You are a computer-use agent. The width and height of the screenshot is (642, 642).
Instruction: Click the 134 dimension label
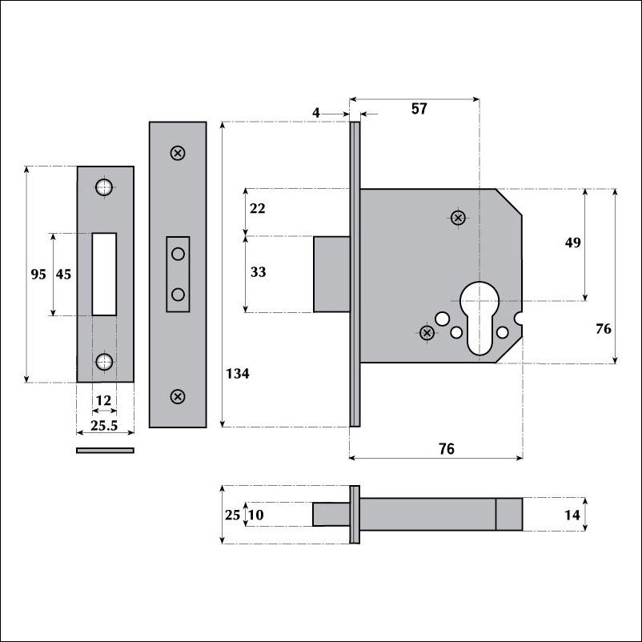238,373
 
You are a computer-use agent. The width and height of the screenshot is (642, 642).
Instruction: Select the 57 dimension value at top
419,109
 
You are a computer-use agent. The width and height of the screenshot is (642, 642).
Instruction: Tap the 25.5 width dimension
104,425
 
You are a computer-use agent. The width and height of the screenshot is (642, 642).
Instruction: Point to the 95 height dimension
38,274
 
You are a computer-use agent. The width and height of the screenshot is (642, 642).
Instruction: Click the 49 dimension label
573,243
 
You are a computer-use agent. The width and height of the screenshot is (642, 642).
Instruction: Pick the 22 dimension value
257,208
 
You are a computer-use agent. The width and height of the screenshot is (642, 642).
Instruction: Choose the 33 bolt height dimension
258,272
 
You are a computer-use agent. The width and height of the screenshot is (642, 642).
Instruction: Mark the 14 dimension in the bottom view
572,515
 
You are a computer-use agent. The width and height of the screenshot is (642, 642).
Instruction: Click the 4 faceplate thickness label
315,113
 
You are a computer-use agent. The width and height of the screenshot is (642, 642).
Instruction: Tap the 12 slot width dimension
103,400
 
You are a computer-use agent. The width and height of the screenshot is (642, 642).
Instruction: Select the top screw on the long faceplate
178,153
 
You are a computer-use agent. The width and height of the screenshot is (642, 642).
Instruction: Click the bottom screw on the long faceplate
177,396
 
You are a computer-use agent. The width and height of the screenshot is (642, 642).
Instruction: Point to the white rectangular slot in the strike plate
104,275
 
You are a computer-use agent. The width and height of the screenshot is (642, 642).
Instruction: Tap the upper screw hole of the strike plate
104,187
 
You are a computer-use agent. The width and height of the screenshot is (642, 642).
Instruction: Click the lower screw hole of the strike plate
104,362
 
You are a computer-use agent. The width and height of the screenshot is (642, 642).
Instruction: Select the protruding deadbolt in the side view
331,275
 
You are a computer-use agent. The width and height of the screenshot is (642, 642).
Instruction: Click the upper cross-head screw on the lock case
458,218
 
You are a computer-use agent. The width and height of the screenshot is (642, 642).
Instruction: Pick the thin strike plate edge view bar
105,451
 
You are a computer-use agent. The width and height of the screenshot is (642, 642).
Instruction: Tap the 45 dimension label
63,274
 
